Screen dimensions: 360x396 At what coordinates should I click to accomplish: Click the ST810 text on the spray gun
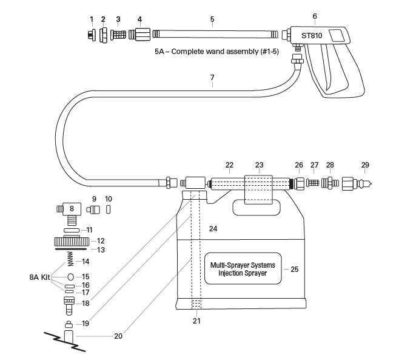pyautogui.click(x=312, y=35)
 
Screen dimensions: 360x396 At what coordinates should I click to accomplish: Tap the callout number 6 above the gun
pyautogui.click(x=314, y=16)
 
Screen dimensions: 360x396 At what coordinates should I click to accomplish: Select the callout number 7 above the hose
pyautogui.click(x=212, y=77)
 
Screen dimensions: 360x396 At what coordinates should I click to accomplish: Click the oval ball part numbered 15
pyautogui.click(x=70, y=276)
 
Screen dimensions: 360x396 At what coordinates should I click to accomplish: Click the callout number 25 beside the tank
pyautogui.click(x=295, y=268)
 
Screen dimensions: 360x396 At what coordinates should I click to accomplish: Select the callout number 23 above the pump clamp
pyautogui.click(x=258, y=165)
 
